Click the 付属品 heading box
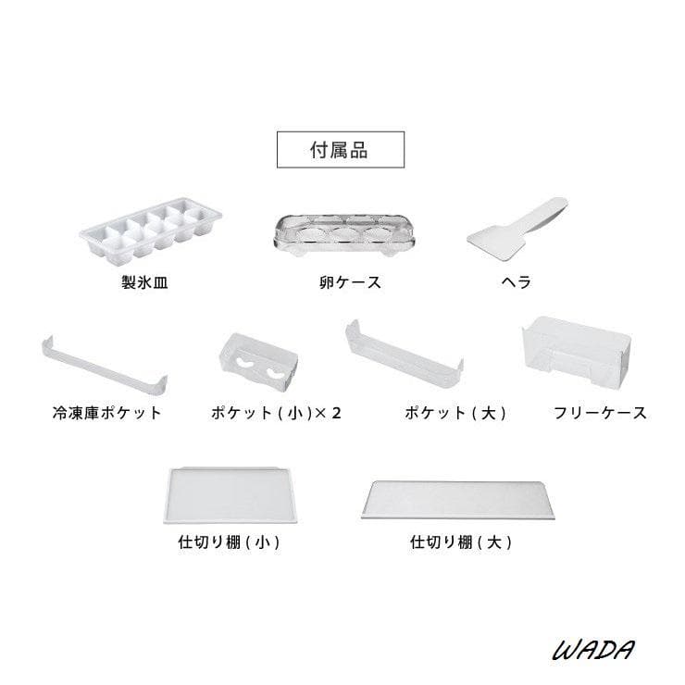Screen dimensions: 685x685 339,150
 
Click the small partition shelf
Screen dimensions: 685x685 228,496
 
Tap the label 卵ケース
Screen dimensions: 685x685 343,282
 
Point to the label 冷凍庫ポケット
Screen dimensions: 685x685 107,413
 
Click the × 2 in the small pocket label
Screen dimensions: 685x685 328,413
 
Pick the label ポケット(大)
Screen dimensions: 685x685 455,413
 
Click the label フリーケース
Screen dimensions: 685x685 599,413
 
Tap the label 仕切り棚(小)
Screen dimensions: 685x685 229,542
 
